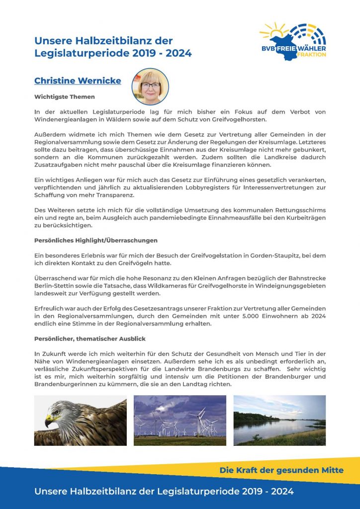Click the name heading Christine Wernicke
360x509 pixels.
78,81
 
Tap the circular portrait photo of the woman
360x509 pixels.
150,86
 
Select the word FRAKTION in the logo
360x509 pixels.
311,54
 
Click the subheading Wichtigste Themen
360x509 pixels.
65,96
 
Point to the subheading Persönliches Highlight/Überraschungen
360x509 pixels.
95,240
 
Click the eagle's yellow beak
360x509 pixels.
50,422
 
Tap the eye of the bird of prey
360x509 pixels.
55,412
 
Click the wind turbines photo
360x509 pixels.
180,420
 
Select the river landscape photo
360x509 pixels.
279,420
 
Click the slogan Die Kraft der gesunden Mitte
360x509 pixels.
281,470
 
